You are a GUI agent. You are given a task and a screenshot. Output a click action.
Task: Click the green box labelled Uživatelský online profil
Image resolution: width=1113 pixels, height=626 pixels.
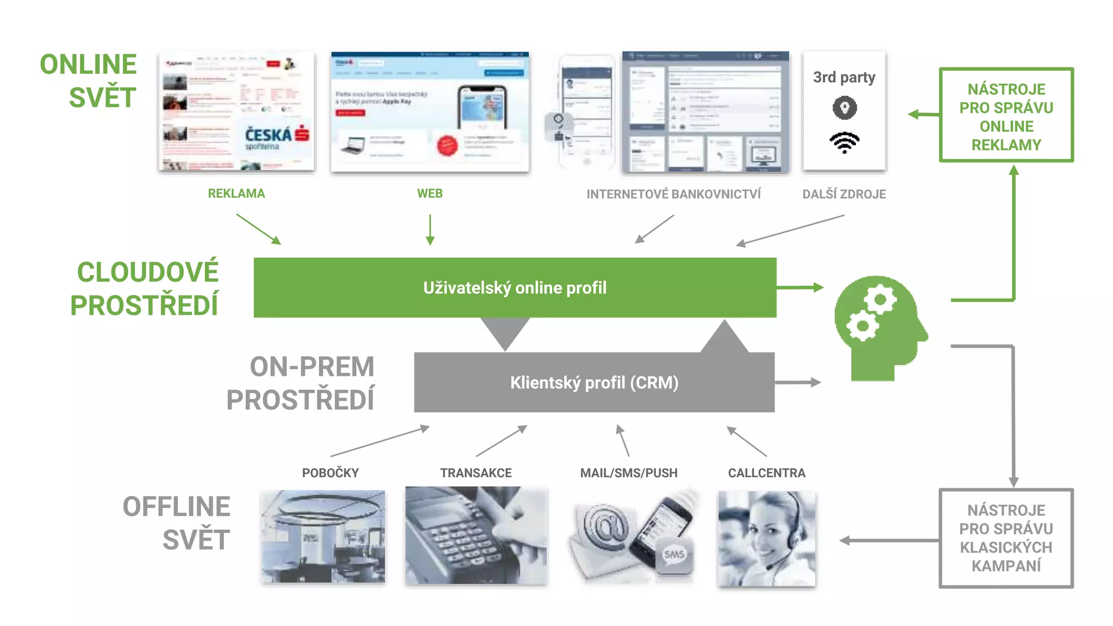[x=515, y=287]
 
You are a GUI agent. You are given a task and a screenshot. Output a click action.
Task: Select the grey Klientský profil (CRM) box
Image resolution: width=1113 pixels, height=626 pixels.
[x=594, y=383]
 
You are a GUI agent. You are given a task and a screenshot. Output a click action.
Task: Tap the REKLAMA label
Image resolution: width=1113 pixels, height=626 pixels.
[x=236, y=193]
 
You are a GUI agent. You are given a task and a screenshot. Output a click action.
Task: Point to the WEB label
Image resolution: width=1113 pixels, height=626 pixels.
[x=429, y=193]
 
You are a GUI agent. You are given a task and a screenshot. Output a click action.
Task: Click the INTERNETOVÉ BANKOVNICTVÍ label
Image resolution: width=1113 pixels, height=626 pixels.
[x=673, y=194]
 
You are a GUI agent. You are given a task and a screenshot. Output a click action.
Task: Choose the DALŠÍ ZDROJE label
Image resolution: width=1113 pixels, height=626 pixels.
[x=844, y=194]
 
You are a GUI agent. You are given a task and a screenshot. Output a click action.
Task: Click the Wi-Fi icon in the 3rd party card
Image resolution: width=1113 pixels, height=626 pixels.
[x=844, y=142]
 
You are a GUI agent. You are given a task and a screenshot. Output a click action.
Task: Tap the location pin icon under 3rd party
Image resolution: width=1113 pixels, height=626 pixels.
[x=845, y=108]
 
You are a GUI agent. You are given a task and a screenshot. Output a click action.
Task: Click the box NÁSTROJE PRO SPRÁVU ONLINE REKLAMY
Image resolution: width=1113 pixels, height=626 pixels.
[x=1006, y=115]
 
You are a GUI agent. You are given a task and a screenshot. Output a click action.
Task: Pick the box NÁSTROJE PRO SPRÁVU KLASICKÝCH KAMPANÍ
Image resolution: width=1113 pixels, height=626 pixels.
[x=1006, y=538]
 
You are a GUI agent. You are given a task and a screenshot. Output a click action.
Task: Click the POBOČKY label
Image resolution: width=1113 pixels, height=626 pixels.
[x=330, y=473]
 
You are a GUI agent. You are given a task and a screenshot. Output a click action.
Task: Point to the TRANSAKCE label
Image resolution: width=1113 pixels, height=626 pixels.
[x=476, y=473]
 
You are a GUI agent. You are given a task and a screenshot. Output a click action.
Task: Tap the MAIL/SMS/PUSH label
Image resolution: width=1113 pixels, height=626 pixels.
[x=629, y=473]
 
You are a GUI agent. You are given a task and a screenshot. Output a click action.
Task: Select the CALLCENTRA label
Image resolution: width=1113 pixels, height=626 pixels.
[x=766, y=473]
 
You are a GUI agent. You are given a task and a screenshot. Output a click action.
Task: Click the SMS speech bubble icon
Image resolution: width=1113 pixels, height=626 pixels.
[x=674, y=555]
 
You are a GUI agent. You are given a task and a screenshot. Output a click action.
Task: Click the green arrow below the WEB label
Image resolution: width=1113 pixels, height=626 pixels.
[x=430, y=229]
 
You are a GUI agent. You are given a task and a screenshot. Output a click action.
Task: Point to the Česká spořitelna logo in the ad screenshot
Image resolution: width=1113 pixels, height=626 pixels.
[x=277, y=137]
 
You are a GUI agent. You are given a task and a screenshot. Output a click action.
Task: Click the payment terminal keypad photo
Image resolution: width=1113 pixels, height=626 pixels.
[x=476, y=535]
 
